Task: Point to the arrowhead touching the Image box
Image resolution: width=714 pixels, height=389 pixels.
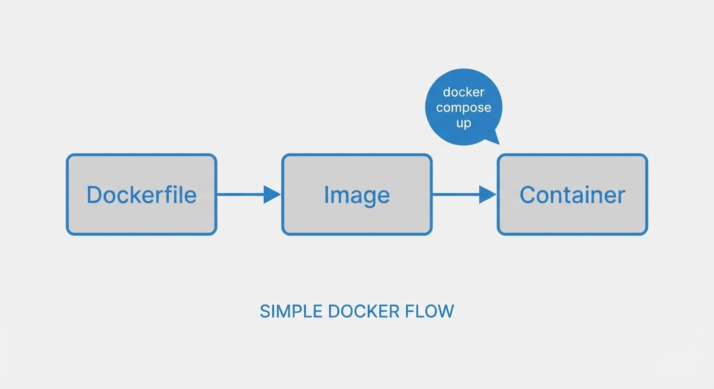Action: [272, 194]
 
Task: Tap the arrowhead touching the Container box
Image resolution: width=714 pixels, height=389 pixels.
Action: [487, 194]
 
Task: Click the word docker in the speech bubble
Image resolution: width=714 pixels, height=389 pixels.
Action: [463, 92]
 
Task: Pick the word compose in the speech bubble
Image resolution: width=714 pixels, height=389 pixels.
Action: [463, 108]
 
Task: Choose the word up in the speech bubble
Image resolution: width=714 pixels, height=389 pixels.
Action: [463, 123]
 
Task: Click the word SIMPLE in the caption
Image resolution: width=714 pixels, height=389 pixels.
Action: [291, 311]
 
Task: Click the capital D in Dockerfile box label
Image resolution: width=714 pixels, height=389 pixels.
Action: [94, 195]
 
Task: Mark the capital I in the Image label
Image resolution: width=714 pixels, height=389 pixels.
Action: [327, 195]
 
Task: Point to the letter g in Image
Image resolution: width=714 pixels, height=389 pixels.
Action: [367, 198]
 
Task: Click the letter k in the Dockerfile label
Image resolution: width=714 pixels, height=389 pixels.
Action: [135, 194]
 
